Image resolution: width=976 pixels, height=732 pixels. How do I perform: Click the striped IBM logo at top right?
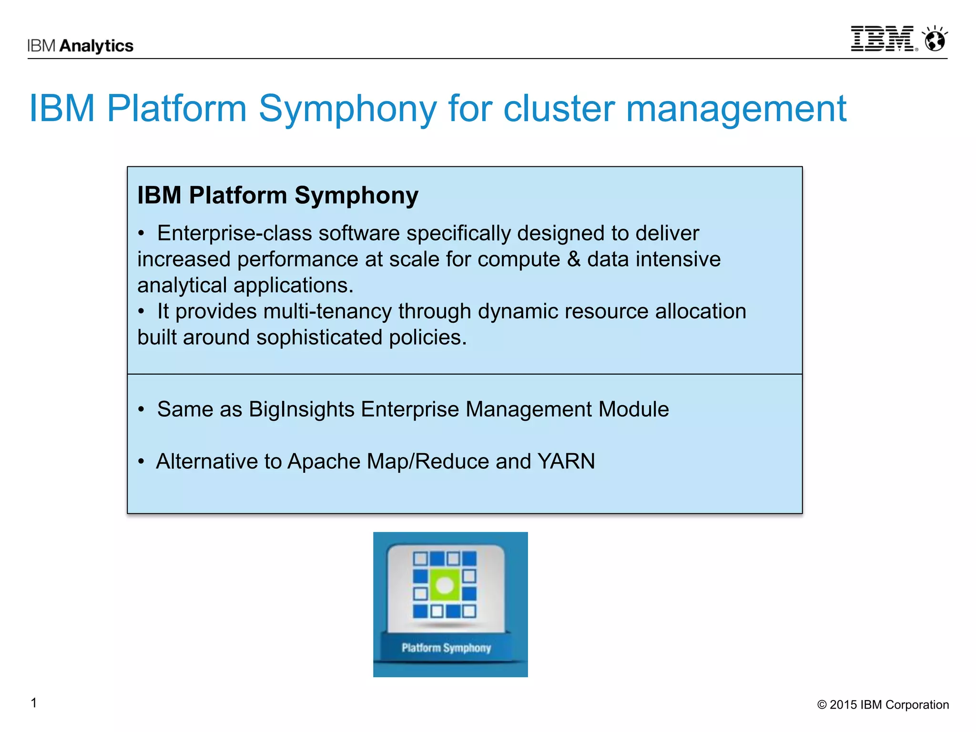click(x=883, y=39)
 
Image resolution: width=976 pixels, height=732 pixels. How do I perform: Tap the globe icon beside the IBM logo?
click(x=935, y=39)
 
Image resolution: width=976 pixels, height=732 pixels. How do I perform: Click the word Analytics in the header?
click(x=97, y=46)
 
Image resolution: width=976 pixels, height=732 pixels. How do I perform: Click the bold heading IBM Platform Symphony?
click(x=278, y=195)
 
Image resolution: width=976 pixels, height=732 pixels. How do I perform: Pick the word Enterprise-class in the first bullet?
click(x=234, y=234)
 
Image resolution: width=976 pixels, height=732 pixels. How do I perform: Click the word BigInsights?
click(x=301, y=409)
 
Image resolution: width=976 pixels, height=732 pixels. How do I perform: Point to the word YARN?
click(x=566, y=461)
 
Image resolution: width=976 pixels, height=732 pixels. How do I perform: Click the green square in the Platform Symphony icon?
click(x=445, y=585)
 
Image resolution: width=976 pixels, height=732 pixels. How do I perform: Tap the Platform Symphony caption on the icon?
click(x=446, y=648)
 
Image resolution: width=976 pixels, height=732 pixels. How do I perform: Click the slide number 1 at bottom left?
click(x=34, y=703)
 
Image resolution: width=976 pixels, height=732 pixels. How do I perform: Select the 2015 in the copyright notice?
click(x=843, y=705)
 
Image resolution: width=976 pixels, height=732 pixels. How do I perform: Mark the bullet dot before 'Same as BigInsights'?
click(x=141, y=410)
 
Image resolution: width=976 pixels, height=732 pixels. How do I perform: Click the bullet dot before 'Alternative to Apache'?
click(x=141, y=462)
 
